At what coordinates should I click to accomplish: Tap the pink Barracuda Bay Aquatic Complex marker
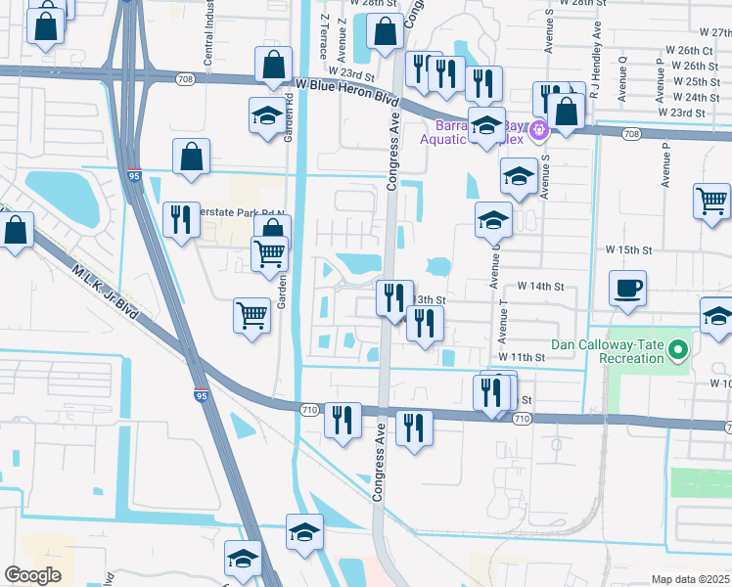pos(536,128)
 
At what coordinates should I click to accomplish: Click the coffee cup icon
pos(627,288)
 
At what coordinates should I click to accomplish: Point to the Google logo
pos(33,574)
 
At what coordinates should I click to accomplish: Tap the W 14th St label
pos(540,287)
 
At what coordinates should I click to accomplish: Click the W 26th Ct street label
pos(689,50)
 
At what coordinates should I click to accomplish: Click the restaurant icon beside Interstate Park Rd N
pos(179,219)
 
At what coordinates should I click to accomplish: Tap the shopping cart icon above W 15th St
pos(711,200)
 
